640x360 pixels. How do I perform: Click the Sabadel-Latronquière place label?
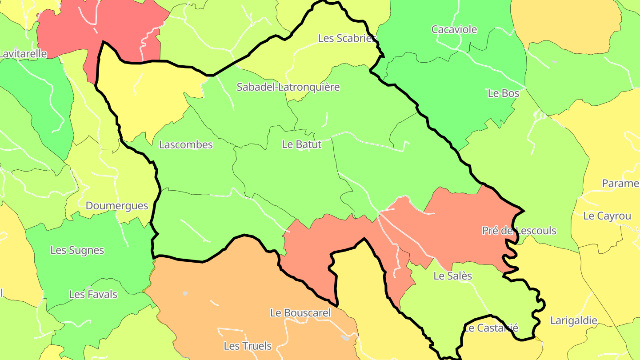288,87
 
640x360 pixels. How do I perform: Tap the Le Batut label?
301,144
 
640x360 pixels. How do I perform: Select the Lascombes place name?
186,144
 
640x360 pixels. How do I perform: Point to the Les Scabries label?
347,38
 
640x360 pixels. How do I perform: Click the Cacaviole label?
454,29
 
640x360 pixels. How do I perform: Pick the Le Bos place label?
504,93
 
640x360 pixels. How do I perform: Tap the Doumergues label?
117,206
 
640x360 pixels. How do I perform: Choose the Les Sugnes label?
77,250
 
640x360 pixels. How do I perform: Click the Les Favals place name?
93,294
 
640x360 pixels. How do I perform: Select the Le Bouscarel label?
300,313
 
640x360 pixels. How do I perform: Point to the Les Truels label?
248,346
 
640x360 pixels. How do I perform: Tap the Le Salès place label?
452,276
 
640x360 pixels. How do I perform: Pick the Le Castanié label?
491,328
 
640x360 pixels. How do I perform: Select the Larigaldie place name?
574,320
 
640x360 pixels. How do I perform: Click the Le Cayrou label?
607,216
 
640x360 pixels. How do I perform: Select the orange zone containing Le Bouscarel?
231,289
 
